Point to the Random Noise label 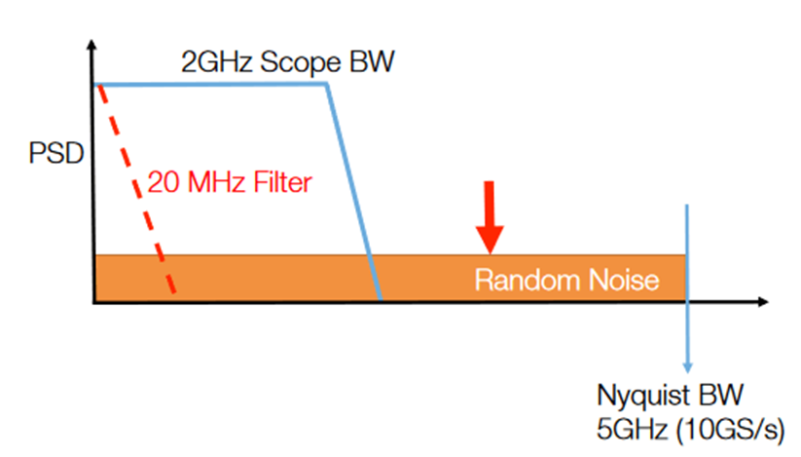[566, 281]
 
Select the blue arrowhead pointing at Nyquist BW [687, 365]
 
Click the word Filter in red [291, 181]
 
